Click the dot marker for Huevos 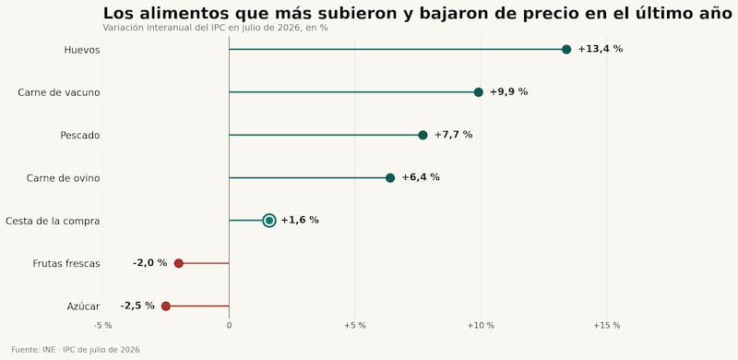point(566,50)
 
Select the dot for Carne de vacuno point(478,92)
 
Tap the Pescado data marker point(423,136)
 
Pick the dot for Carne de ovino point(390,177)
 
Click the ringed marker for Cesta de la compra point(269,221)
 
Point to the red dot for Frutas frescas point(178,263)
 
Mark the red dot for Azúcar point(166,306)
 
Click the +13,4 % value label point(601,49)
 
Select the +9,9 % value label point(509,92)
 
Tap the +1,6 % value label point(300,220)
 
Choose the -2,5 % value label point(137,306)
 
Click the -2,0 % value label point(149,263)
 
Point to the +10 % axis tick point(481,326)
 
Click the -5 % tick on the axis point(102,326)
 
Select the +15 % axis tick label point(607,326)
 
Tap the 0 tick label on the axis point(229,326)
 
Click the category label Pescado point(80,136)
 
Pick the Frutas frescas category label point(66,264)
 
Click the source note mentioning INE point(76,350)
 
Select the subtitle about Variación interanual point(215,28)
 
